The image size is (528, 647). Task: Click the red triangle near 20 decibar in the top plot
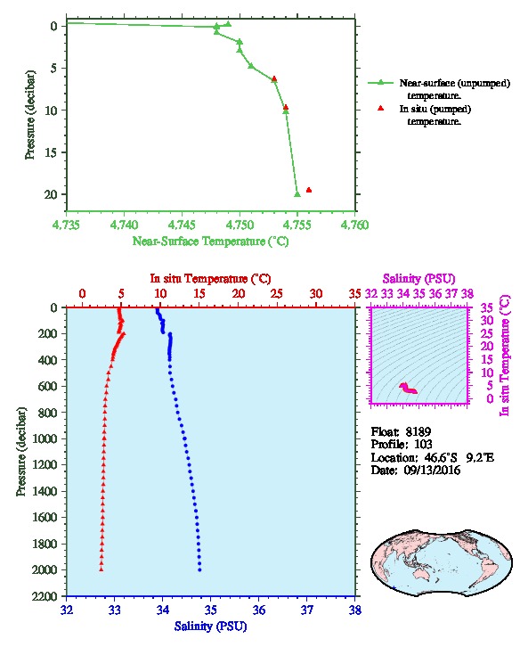309,190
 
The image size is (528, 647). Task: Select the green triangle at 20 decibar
297,194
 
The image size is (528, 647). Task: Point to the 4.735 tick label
67,225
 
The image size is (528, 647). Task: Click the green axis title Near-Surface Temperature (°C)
210,242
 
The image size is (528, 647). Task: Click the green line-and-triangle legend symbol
380,83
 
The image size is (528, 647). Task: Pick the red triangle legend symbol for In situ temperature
380,108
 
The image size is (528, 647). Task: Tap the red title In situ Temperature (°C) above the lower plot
210,279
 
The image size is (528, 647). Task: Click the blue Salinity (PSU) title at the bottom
211,627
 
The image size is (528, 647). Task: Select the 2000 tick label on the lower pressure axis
45,569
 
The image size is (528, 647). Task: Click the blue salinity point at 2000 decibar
200,569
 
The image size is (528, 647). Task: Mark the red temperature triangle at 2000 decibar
101,569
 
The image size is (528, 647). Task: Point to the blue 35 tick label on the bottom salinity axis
211,610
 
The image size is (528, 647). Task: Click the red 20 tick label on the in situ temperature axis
239,294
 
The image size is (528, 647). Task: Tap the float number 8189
418,432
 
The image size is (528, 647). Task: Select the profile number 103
423,445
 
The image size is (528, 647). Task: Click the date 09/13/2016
432,471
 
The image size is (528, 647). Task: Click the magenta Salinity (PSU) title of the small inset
419,279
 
